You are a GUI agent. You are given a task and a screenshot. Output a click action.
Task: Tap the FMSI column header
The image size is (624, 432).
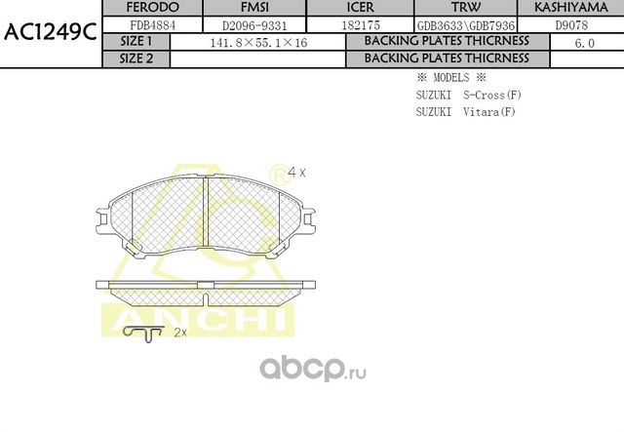(x=240, y=8)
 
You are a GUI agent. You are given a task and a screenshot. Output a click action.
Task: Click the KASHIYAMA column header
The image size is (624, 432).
(x=570, y=8)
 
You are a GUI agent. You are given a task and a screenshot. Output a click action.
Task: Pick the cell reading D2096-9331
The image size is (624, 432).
(x=240, y=24)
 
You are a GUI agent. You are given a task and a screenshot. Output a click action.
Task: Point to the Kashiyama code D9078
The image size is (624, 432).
(x=570, y=24)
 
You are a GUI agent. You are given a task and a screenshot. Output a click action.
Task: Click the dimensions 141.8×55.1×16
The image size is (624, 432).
(x=252, y=43)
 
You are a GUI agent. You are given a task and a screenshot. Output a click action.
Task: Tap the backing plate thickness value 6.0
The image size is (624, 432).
(x=584, y=43)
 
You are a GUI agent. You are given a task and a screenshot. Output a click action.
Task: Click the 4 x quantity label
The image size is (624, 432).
(x=297, y=173)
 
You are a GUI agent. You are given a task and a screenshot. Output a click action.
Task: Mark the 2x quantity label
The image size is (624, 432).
(x=179, y=333)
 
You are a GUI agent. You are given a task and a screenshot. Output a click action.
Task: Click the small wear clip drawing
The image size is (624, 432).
(x=143, y=334)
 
